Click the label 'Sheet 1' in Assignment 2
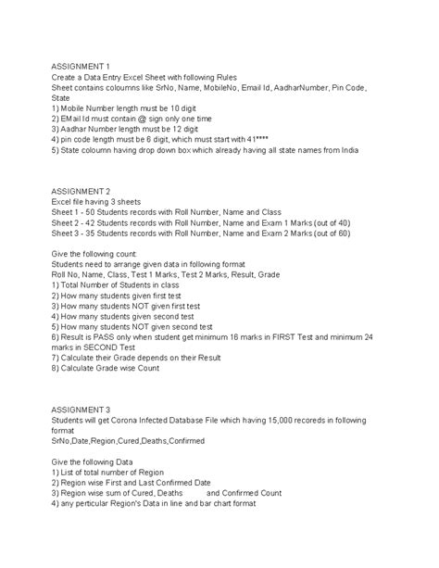click(68, 211)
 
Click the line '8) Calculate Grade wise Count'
click(106, 368)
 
